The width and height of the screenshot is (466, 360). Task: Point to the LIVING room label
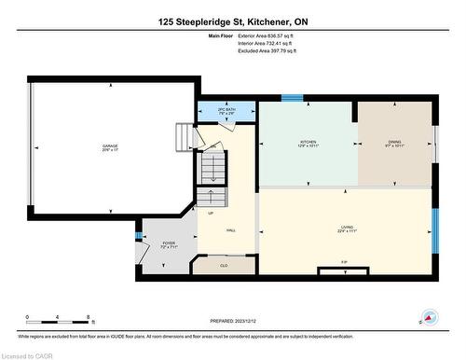point(347,229)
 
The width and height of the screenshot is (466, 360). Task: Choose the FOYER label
point(169,244)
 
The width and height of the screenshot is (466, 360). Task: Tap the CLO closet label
point(224,266)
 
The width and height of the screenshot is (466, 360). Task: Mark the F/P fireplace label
point(344,261)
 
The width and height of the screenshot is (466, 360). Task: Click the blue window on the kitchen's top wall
point(292,97)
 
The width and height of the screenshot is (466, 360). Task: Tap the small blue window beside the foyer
point(139,236)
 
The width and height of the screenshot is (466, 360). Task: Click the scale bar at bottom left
point(57,323)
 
